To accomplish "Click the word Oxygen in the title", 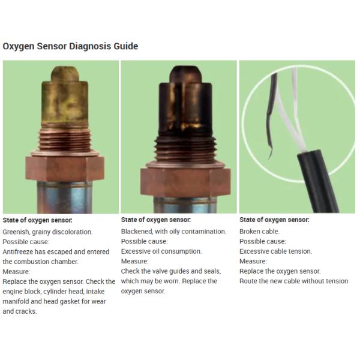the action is pyautogui.click(x=19, y=46).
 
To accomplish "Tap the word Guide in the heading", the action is pyautogui.click(x=126, y=46).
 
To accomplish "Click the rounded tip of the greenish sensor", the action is pyautogui.click(x=65, y=73).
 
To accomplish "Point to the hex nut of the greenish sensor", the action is pyautogui.click(x=65, y=168).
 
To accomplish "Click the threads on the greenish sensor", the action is pyautogui.click(x=65, y=139).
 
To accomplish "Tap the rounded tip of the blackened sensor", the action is pyautogui.click(x=185, y=74).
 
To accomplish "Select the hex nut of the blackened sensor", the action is pyautogui.click(x=185, y=182).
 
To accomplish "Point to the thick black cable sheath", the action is pyautogui.click(x=318, y=181).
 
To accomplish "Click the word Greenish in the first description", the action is pyautogui.click(x=16, y=232).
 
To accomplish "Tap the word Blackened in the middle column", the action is pyautogui.click(x=137, y=232).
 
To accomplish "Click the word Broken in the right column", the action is pyautogui.click(x=249, y=232).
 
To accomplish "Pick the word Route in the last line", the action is pyautogui.click(x=248, y=281).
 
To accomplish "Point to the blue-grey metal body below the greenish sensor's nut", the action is pyautogui.click(x=65, y=197).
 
